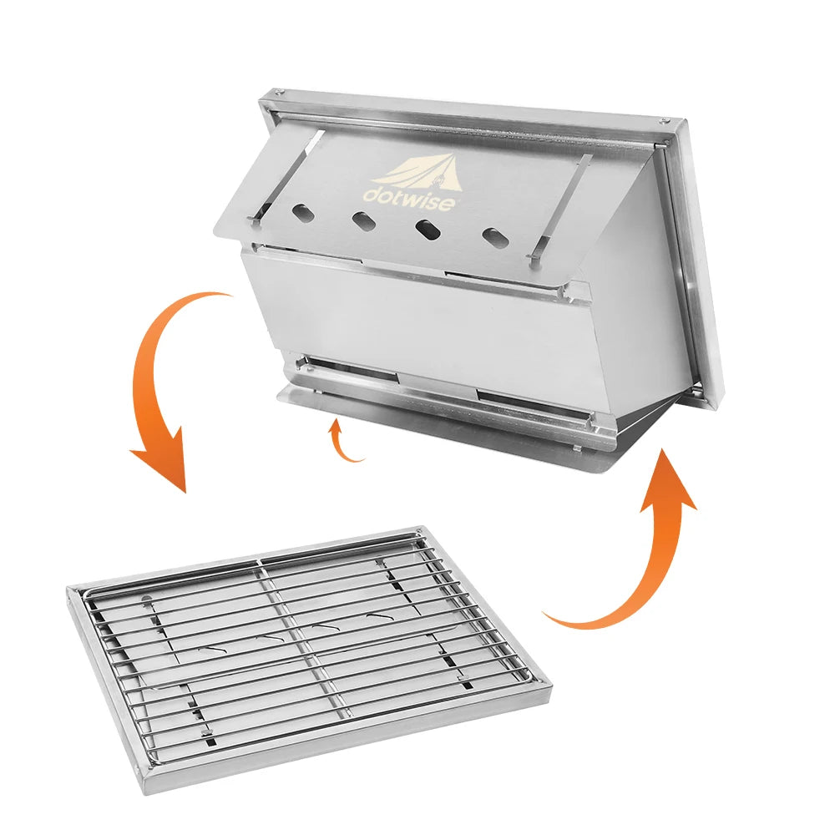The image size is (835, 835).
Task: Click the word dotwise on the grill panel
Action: pyautogui.click(x=407, y=196)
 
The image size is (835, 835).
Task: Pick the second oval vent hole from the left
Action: pyautogui.click(x=363, y=221)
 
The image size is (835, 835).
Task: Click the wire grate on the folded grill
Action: pyautogui.click(x=309, y=643)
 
